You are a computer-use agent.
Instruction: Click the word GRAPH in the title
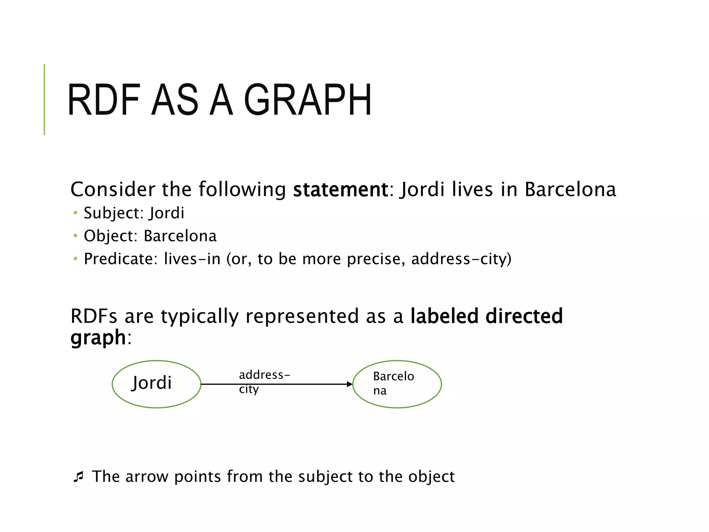click(308, 100)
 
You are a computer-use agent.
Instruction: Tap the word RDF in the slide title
click(104, 100)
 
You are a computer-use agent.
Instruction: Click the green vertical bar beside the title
click(44, 99)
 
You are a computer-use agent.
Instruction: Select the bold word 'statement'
click(340, 189)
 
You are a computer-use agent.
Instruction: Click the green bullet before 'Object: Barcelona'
click(75, 236)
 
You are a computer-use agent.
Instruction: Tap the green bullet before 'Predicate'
click(75, 258)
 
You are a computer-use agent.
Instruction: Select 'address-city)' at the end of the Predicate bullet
click(461, 259)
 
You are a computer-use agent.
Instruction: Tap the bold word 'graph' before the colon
click(98, 338)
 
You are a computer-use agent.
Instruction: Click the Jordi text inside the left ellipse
click(152, 383)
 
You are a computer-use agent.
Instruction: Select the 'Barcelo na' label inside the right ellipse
click(393, 383)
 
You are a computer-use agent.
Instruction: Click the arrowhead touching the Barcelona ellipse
click(349, 384)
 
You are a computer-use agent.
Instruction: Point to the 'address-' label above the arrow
click(264, 375)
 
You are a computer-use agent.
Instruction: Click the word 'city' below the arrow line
click(249, 389)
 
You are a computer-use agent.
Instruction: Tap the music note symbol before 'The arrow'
click(79, 477)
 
